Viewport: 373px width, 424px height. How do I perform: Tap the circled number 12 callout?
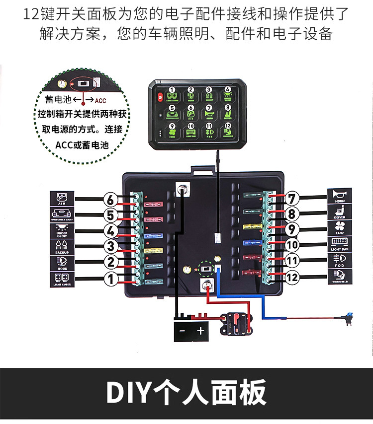293,278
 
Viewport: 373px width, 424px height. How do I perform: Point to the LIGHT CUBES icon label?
62,280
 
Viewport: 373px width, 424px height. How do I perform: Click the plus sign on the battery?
200,331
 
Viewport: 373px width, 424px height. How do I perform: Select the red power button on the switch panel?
160,97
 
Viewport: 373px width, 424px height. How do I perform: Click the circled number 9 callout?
293,229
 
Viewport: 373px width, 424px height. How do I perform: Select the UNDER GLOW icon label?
62,231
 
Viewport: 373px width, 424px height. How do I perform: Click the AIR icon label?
62,198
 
